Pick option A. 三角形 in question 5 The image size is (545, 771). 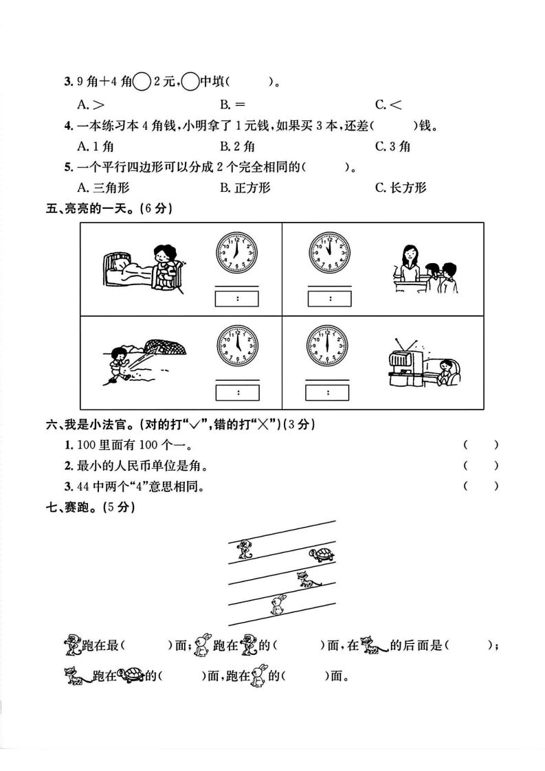pos(104,187)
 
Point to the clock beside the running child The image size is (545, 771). pos(237,345)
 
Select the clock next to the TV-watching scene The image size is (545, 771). pos(327,345)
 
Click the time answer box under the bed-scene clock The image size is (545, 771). pos(237,298)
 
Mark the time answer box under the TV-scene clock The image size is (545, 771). pos(328,392)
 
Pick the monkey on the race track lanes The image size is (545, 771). pos(243,548)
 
